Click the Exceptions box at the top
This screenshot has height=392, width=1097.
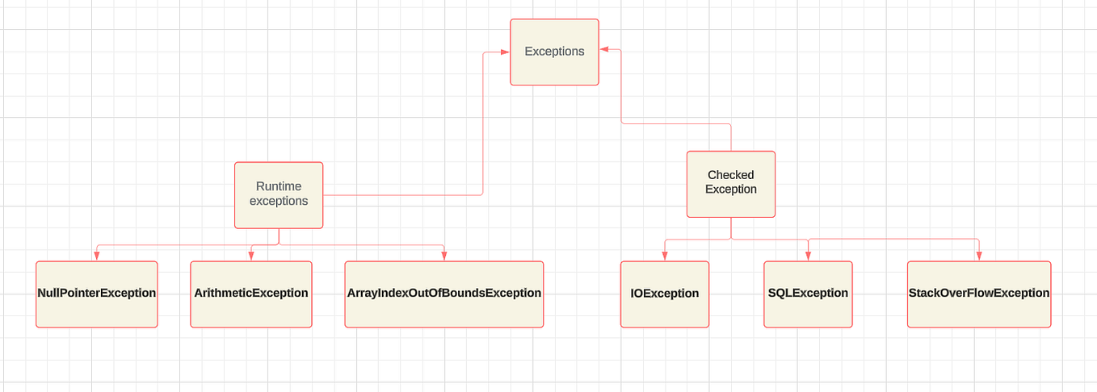point(554,52)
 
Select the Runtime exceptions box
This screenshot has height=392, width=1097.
point(279,195)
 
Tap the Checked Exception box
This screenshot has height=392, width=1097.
point(731,184)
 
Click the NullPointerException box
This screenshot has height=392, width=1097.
point(96,294)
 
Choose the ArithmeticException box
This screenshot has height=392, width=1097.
point(250,294)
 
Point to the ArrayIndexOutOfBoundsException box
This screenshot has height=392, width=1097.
point(443,294)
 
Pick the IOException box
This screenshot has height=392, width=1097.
point(664,294)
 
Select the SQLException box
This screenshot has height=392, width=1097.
point(808,294)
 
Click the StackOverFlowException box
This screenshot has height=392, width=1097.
point(979,294)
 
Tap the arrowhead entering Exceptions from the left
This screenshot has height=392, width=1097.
point(505,52)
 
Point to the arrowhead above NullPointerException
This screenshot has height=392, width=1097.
point(96,256)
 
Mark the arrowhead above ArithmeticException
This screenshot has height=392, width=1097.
point(250,256)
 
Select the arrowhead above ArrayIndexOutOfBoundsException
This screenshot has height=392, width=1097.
point(444,256)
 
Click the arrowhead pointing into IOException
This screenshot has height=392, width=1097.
point(664,256)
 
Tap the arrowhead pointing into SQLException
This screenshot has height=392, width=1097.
point(808,256)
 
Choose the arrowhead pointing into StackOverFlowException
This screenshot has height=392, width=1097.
point(979,256)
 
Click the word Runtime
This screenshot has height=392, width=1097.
point(279,186)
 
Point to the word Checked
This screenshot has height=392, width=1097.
point(730,175)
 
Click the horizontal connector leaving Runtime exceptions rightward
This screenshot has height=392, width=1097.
point(404,195)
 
